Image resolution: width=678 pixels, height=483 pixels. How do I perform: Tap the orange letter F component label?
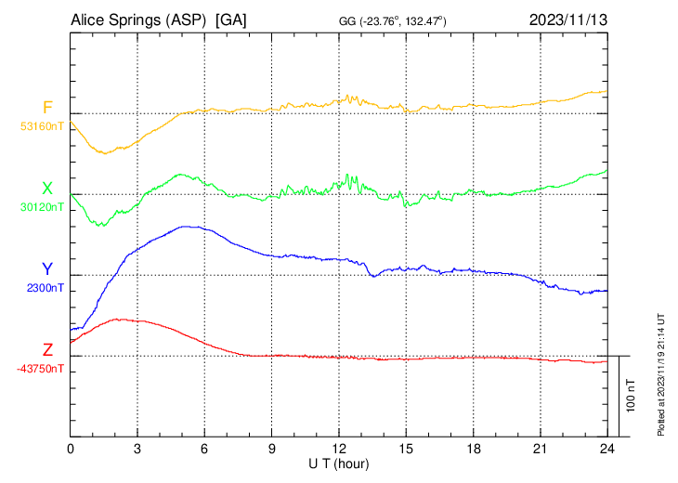(x=47, y=108)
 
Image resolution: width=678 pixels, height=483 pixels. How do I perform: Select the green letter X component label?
(x=47, y=189)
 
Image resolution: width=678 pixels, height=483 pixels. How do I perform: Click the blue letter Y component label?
(x=47, y=269)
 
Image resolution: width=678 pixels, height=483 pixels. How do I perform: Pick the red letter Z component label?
(x=47, y=350)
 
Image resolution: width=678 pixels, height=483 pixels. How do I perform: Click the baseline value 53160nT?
(x=42, y=126)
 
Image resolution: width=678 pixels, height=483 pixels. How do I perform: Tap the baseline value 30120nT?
(x=42, y=207)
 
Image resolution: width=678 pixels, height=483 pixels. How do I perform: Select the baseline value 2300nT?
(x=46, y=288)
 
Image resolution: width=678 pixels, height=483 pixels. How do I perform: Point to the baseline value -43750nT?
(x=40, y=369)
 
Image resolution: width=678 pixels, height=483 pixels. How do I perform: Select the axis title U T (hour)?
(x=339, y=463)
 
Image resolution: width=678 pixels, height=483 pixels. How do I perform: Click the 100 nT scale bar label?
(x=632, y=396)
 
